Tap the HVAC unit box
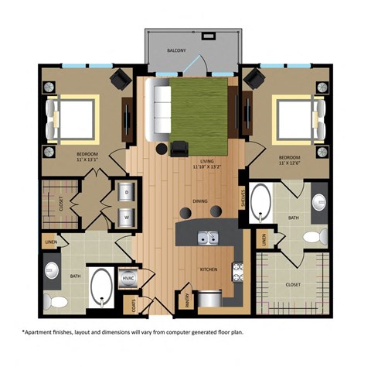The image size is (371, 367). pos(126,280)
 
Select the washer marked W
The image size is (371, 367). pos(126,217)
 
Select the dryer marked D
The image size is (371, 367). pos(126,190)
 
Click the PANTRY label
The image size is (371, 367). pos(188,297)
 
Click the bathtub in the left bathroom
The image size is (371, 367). pos(101,287)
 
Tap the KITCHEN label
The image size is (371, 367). pos(206,269)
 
